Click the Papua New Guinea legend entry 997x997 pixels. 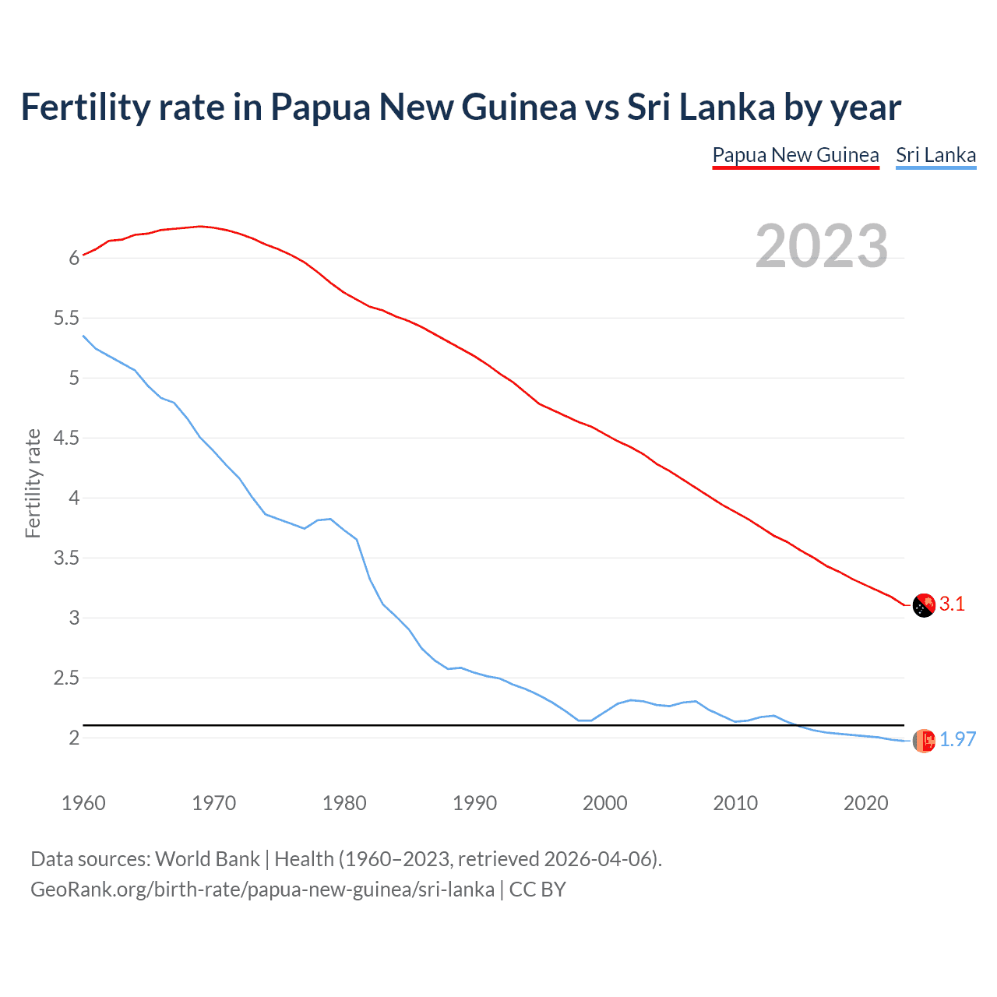click(x=795, y=155)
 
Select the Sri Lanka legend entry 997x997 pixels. click(x=935, y=155)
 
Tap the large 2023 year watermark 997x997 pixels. click(x=822, y=246)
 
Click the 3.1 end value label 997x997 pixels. click(x=952, y=604)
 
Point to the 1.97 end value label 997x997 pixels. click(x=957, y=739)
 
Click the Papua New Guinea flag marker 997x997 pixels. click(x=924, y=605)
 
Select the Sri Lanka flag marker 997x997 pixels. click(x=924, y=741)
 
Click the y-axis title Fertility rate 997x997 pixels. click(x=33, y=483)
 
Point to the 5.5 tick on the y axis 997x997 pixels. click(x=66, y=318)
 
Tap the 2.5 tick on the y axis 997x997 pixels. click(x=66, y=678)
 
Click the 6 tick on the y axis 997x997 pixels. click(x=74, y=258)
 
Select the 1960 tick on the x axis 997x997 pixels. click(x=83, y=803)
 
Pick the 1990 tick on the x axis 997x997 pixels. click(x=474, y=803)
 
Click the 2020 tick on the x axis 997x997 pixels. click(x=865, y=803)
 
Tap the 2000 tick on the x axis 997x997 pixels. click(x=604, y=803)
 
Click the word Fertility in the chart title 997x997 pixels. click(x=84, y=107)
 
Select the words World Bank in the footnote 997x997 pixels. click(x=207, y=858)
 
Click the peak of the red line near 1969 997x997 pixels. click(x=200, y=226)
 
